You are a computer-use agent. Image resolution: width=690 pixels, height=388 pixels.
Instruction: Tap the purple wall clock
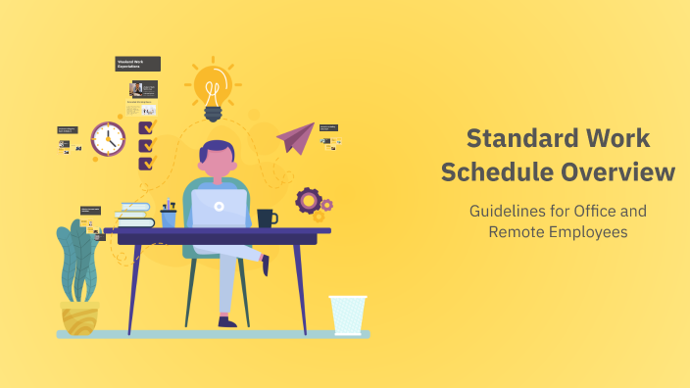coord(108,139)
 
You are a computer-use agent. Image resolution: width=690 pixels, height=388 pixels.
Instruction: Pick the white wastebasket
coord(347,315)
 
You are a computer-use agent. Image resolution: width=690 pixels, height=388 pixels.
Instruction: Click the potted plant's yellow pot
coord(79,316)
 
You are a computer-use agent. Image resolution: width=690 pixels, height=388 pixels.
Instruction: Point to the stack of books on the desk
coord(134,215)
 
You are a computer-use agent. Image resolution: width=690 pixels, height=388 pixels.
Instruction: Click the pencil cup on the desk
coord(169,218)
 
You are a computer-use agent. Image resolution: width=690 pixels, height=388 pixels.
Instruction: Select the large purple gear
coord(309,201)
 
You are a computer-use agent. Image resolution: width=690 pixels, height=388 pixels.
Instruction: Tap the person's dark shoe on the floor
coord(227,320)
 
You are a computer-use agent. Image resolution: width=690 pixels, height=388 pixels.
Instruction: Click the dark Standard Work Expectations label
coord(137,64)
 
